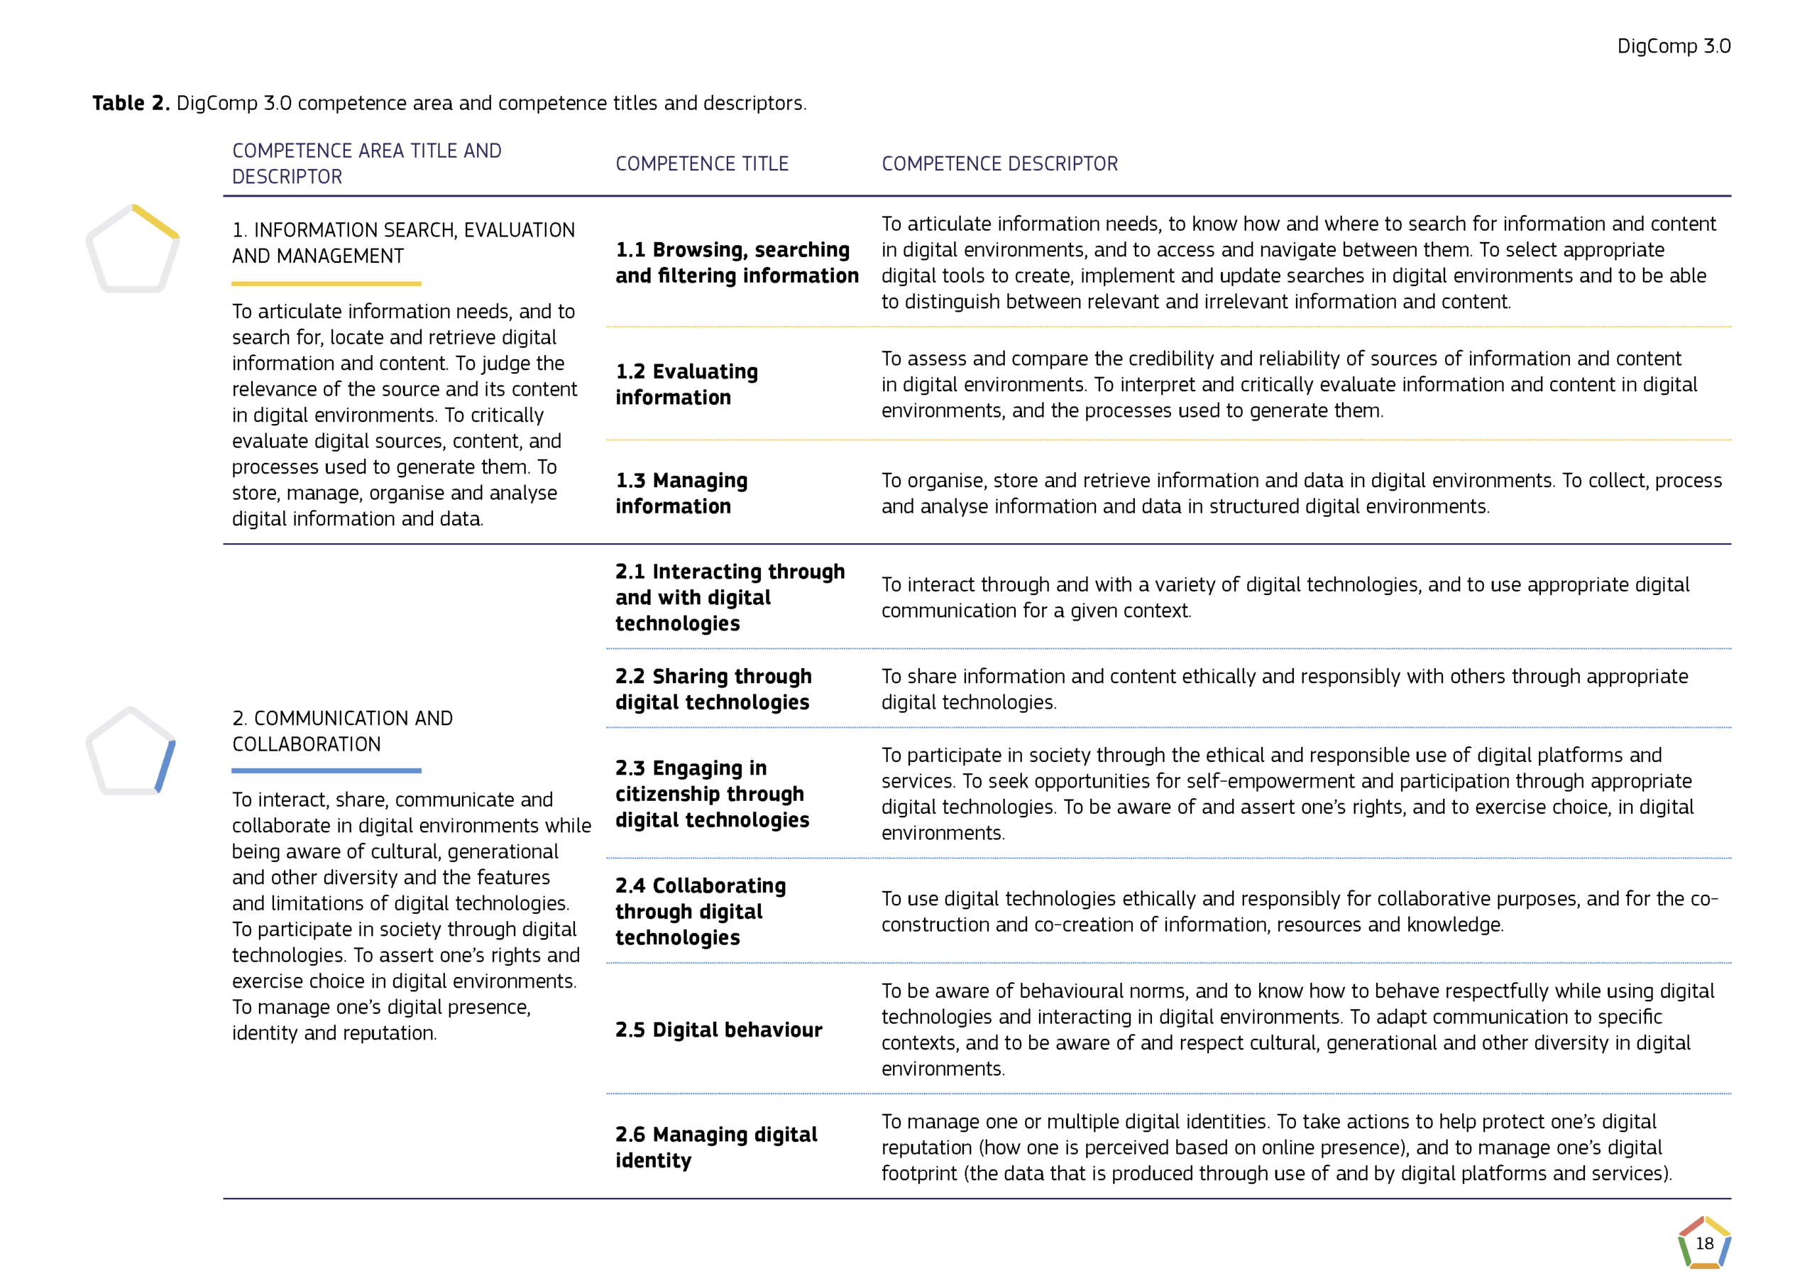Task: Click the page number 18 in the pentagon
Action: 1704,1243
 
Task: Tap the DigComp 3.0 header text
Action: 1673,46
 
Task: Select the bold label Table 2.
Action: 131,103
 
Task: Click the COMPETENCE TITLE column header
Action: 702,164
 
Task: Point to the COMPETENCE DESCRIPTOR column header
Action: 999,164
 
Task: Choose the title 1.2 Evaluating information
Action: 686,384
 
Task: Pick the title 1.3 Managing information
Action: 681,494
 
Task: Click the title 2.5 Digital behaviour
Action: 718,1030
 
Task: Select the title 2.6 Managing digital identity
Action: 716,1147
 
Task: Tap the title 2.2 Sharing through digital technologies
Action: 713,689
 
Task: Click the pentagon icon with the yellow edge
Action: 132,249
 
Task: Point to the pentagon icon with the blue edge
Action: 131,751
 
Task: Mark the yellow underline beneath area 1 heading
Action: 326,283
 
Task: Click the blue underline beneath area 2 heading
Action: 326,770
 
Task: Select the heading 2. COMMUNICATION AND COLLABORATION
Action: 342,731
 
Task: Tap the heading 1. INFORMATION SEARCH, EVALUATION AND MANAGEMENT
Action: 403,243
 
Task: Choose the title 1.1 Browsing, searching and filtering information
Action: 736,262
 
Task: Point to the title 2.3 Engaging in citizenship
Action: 711,793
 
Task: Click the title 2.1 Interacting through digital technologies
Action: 730,597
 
